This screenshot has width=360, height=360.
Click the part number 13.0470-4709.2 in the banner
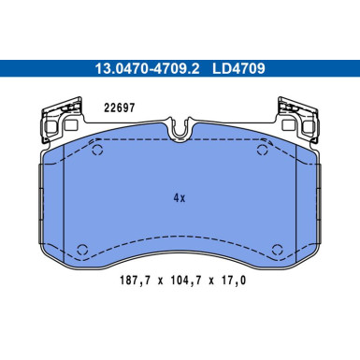pos(147,68)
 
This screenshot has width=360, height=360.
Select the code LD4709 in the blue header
pos(238,68)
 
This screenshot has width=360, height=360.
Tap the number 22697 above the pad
pos(120,108)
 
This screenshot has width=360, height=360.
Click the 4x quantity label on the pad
pos(180,197)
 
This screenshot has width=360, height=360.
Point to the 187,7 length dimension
pos(135,281)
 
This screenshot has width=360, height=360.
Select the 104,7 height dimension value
pos(186,281)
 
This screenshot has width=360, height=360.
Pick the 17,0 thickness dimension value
pos(233,281)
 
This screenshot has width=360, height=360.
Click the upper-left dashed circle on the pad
pos(98,150)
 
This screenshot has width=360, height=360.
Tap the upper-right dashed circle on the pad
pos(263,150)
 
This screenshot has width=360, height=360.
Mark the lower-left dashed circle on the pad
pos(82,250)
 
